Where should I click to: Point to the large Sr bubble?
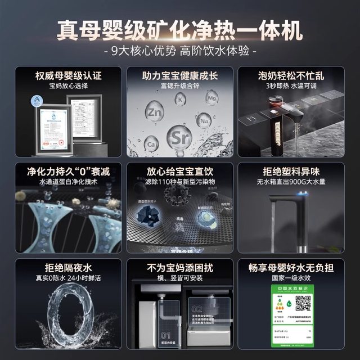(179, 137)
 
